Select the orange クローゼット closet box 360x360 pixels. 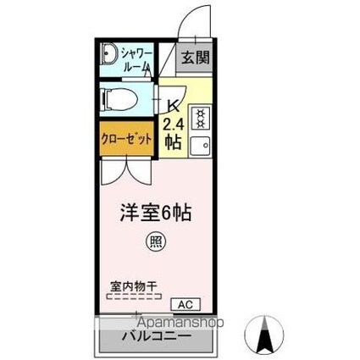[x=128, y=138]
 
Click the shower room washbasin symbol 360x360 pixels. [x=108, y=58]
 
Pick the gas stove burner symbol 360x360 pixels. [x=202, y=115]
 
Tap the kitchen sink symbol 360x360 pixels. [x=202, y=144]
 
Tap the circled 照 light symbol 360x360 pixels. [x=158, y=241]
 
